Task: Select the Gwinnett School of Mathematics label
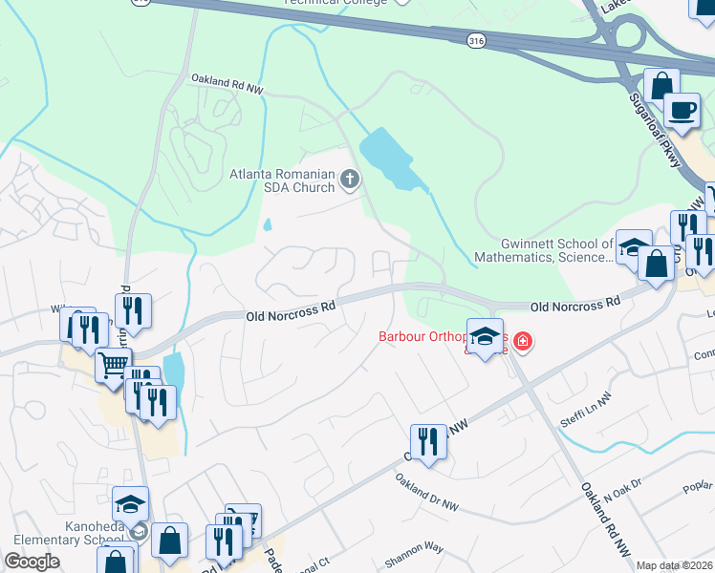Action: (555, 250)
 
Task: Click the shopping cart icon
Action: (113, 364)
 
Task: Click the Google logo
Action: (32, 562)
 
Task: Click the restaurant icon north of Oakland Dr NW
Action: (428, 442)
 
